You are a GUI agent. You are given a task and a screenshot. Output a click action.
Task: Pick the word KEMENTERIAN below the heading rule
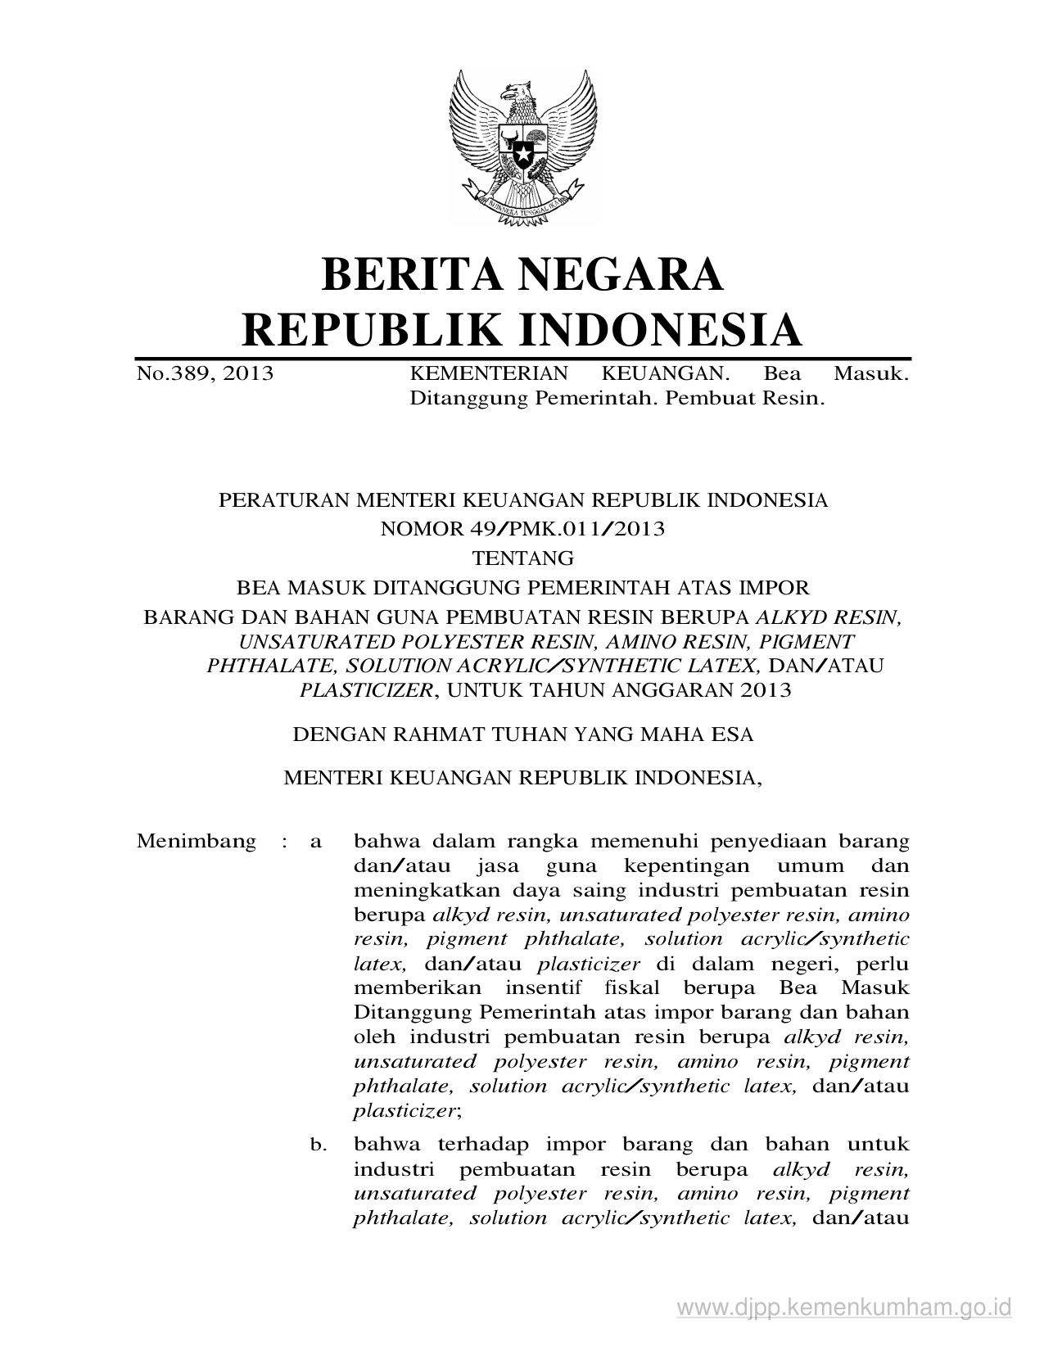pos(488,374)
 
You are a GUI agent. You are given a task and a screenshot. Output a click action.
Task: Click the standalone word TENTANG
pos(523,558)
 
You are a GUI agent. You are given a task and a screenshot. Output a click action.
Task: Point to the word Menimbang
pos(197,841)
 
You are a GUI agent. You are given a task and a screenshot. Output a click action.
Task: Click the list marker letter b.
pos(317,1145)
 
